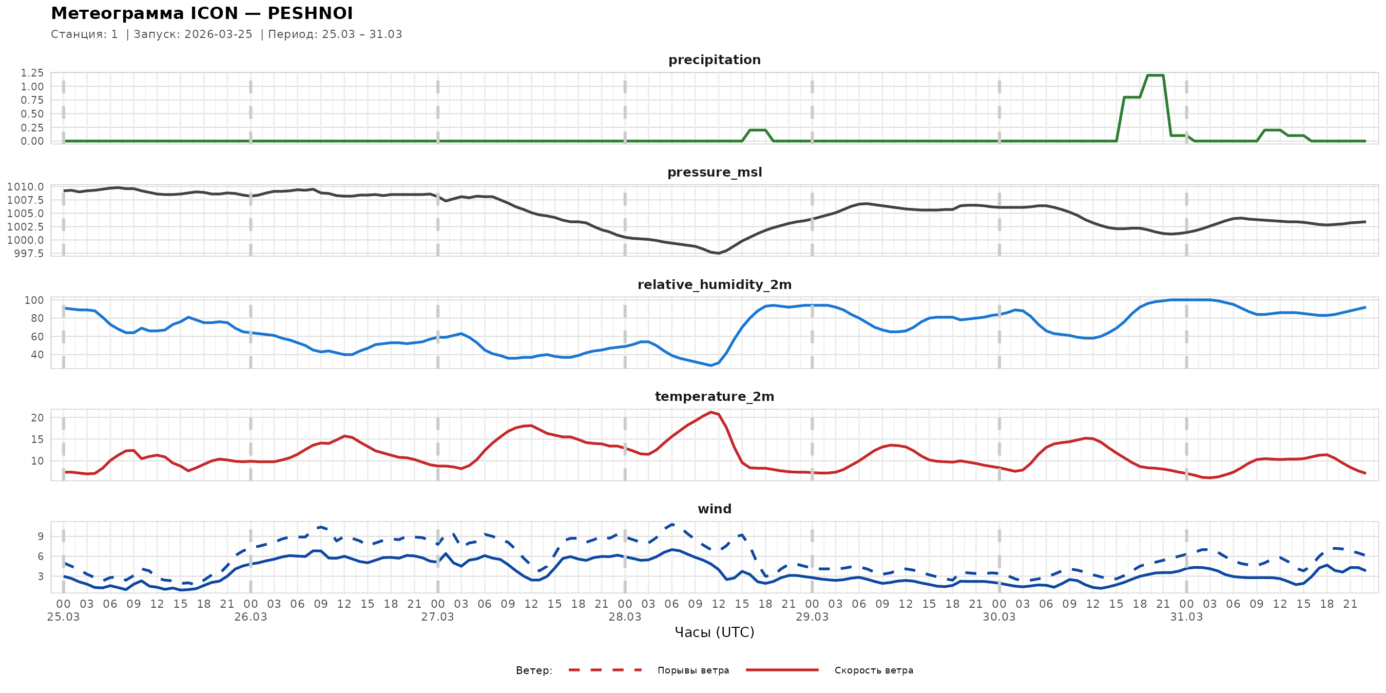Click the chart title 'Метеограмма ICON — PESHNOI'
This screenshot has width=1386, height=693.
click(x=202, y=13)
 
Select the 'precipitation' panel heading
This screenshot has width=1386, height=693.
click(x=714, y=60)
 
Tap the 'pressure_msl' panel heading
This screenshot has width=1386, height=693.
click(x=714, y=172)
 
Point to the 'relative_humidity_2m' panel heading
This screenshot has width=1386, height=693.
click(x=714, y=284)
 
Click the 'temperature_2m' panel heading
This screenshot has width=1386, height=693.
click(x=714, y=396)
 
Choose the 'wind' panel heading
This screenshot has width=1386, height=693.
click(x=714, y=509)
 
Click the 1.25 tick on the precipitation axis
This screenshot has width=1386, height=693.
click(x=32, y=72)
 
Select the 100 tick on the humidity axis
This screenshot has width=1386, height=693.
click(x=34, y=300)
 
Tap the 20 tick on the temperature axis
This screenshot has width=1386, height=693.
click(x=37, y=417)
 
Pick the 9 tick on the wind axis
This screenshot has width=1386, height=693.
click(x=41, y=536)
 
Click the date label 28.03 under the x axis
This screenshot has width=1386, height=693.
click(x=625, y=617)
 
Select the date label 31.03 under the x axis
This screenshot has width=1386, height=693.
click(x=1186, y=617)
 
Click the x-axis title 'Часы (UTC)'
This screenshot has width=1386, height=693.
click(x=714, y=632)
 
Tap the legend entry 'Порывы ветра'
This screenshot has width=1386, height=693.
click(x=693, y=670)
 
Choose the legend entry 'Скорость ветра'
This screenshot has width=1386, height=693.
click(x=873, y=670)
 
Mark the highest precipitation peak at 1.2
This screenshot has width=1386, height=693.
click(x=1155, y=75)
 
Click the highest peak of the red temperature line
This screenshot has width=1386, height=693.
click(x=711, y=412)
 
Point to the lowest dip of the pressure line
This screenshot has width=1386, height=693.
click(x=718, y=253)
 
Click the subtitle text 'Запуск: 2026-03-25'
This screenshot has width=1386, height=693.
click(x=192, y=34)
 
